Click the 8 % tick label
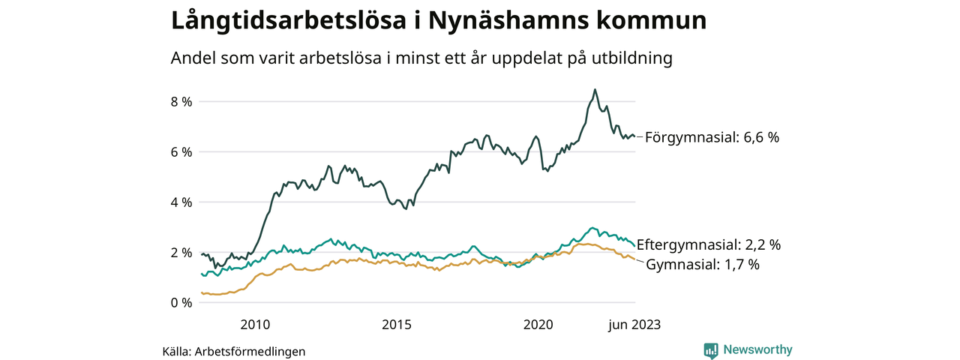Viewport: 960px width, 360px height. click(181, 101)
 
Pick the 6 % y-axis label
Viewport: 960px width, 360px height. click(181, 151)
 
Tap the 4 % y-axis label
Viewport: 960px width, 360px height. click(181, 202)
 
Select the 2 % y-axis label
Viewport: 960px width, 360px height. click(181, 252)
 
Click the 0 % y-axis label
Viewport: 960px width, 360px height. click(181, 302)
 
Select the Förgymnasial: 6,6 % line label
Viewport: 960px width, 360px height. click(712, 137)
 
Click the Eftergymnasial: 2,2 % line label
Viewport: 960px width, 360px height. click(709, 244)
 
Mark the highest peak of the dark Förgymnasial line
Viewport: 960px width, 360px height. click(595, 89)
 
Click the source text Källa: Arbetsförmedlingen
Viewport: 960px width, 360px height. click(234, 351)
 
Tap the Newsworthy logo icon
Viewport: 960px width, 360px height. click(711, 350)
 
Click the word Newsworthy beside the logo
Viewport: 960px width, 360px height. click(757, 349)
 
